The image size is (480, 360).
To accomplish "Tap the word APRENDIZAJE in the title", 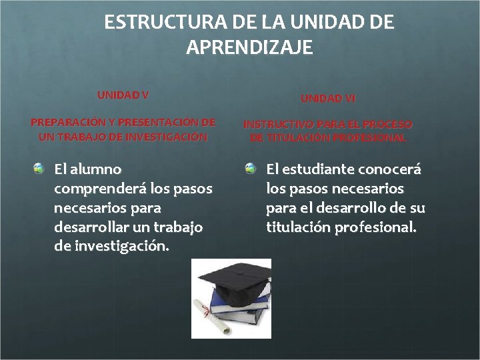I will [249, 48].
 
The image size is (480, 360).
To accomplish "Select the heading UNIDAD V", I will [123, 95].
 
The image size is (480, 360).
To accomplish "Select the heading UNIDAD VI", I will [328, 99].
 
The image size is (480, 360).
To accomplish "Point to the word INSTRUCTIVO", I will [276, 125].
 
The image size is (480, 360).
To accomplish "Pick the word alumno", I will [97, 169].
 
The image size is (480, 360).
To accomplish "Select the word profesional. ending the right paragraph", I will [379, 227].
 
